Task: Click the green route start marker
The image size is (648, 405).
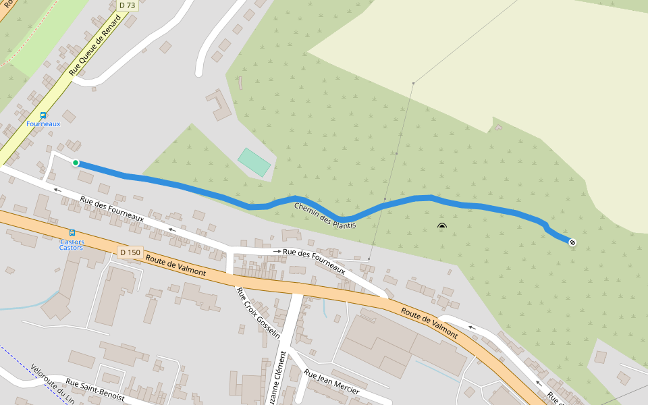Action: [76, 163]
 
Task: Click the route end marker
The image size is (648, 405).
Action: [572, 242]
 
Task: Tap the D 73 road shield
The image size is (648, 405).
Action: [126, 5]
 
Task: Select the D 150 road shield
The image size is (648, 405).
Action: [130, 252]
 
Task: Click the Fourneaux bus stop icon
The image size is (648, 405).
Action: [43, 115]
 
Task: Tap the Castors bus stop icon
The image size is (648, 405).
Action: [72, 233]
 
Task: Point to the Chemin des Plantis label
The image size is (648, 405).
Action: [325, 214]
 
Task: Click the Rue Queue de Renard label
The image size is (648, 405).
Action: [96, 45]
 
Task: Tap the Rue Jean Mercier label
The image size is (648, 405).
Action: [331, 382]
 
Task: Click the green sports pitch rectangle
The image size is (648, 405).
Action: [254, 162]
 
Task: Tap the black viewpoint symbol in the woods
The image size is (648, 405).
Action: [441, 227]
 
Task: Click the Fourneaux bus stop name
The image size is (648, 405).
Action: [43, 124]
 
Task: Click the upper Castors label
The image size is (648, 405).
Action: [72, 242]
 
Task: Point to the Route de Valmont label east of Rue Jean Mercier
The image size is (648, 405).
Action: [429, 322]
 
